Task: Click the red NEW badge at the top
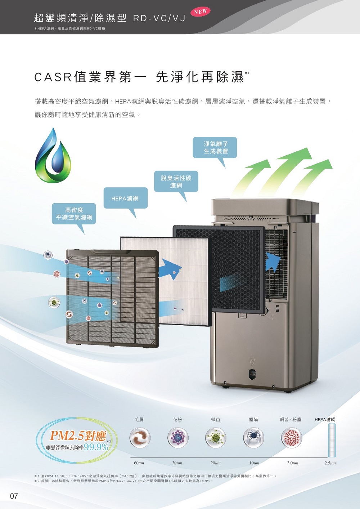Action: click(200, 12)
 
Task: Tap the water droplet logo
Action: click(53, 156)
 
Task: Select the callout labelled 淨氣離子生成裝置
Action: click(215, 147)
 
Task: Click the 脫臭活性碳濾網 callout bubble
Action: click(176, 182)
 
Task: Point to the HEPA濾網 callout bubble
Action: click(125, 198)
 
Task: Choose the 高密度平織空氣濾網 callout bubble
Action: click(74, 214)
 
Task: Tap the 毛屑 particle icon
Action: click(140, 438)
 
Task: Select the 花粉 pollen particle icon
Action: click(177, 438)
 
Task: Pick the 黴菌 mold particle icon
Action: click(215, 438)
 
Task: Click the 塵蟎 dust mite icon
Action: click(253, 438)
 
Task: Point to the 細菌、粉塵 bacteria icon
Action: click(291, 438)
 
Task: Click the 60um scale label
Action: click(139, 463)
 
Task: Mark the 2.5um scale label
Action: click(330, 463)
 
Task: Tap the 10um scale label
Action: click(254, 463)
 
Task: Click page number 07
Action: click(14, 496)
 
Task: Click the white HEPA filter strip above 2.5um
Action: click(332, 440)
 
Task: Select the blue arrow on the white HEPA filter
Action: click(170, 268)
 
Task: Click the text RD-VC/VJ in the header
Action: click(159, 18)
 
